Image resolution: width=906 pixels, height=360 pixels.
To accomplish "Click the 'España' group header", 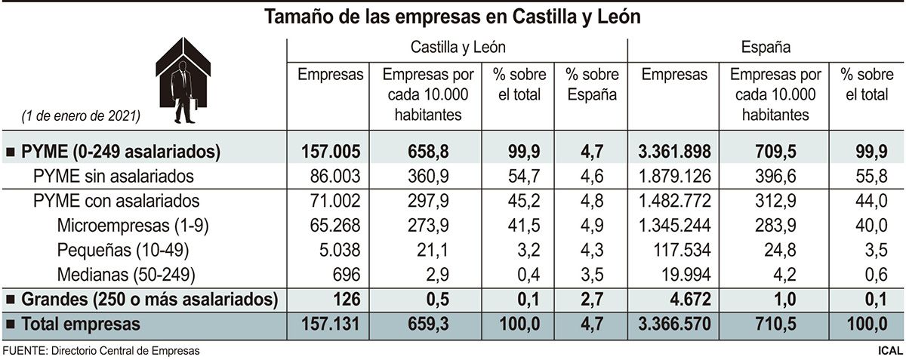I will coord(766,48).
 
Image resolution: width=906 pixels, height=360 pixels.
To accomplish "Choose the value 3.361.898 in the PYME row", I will coord(673,152).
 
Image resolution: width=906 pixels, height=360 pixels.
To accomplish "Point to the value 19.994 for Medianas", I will coord(685,275).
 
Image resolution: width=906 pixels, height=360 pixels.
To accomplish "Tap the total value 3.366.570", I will coord(673,325).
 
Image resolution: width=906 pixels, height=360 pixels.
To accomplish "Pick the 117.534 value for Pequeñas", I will coord(679,251).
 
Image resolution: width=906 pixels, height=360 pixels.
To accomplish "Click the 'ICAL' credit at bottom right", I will coord(890,350).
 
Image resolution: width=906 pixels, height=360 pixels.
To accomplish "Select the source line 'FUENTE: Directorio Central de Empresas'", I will coord(102,350).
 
